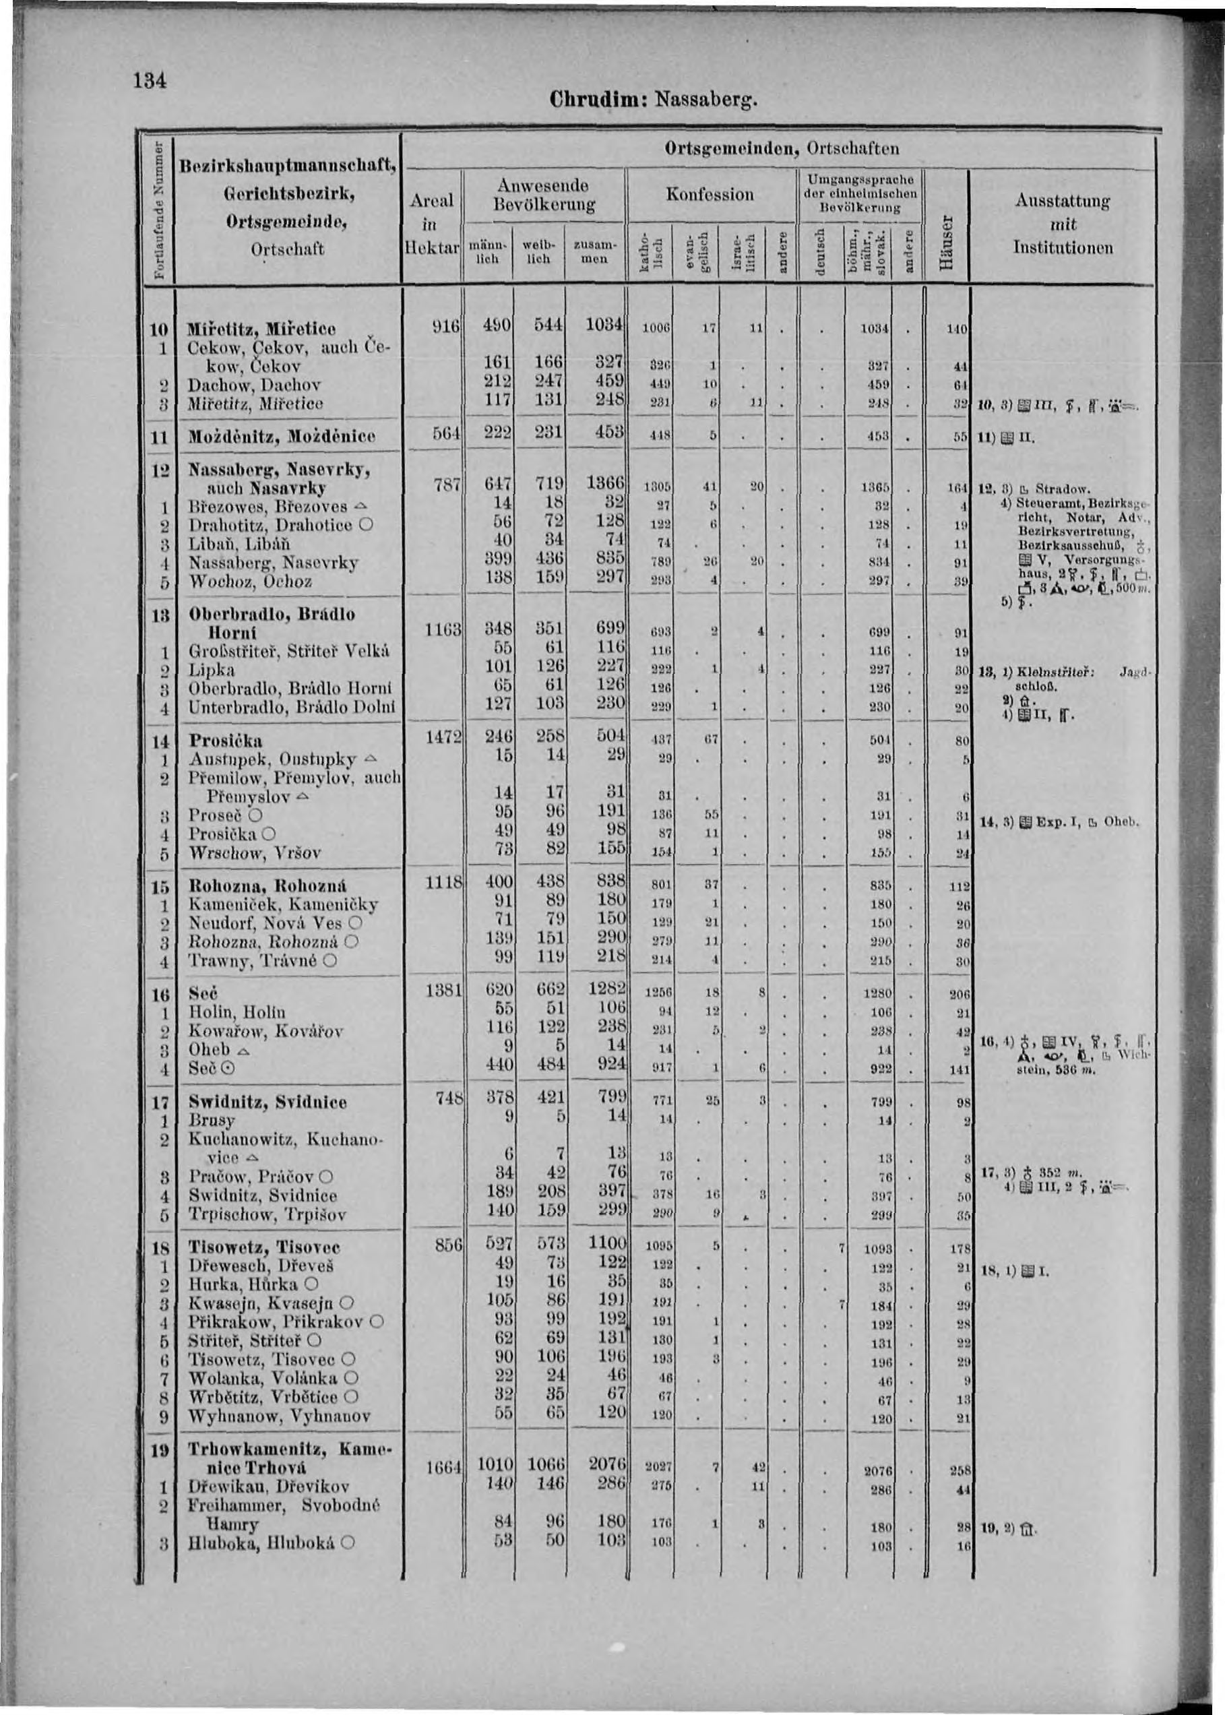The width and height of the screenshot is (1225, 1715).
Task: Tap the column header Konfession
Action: coord(711,195)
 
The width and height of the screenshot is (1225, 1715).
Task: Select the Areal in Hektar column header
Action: coord(432,224)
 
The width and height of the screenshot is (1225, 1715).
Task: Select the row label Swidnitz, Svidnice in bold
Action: coord(267,1102)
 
